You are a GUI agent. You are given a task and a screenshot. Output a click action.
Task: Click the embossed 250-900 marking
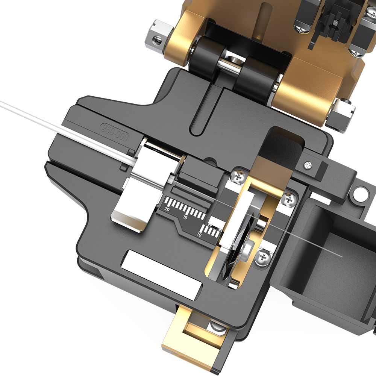click(114, 132)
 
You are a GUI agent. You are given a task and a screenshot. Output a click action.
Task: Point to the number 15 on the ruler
click(185, 218)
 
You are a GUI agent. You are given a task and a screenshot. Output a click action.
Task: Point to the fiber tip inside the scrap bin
click(340, 256)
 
